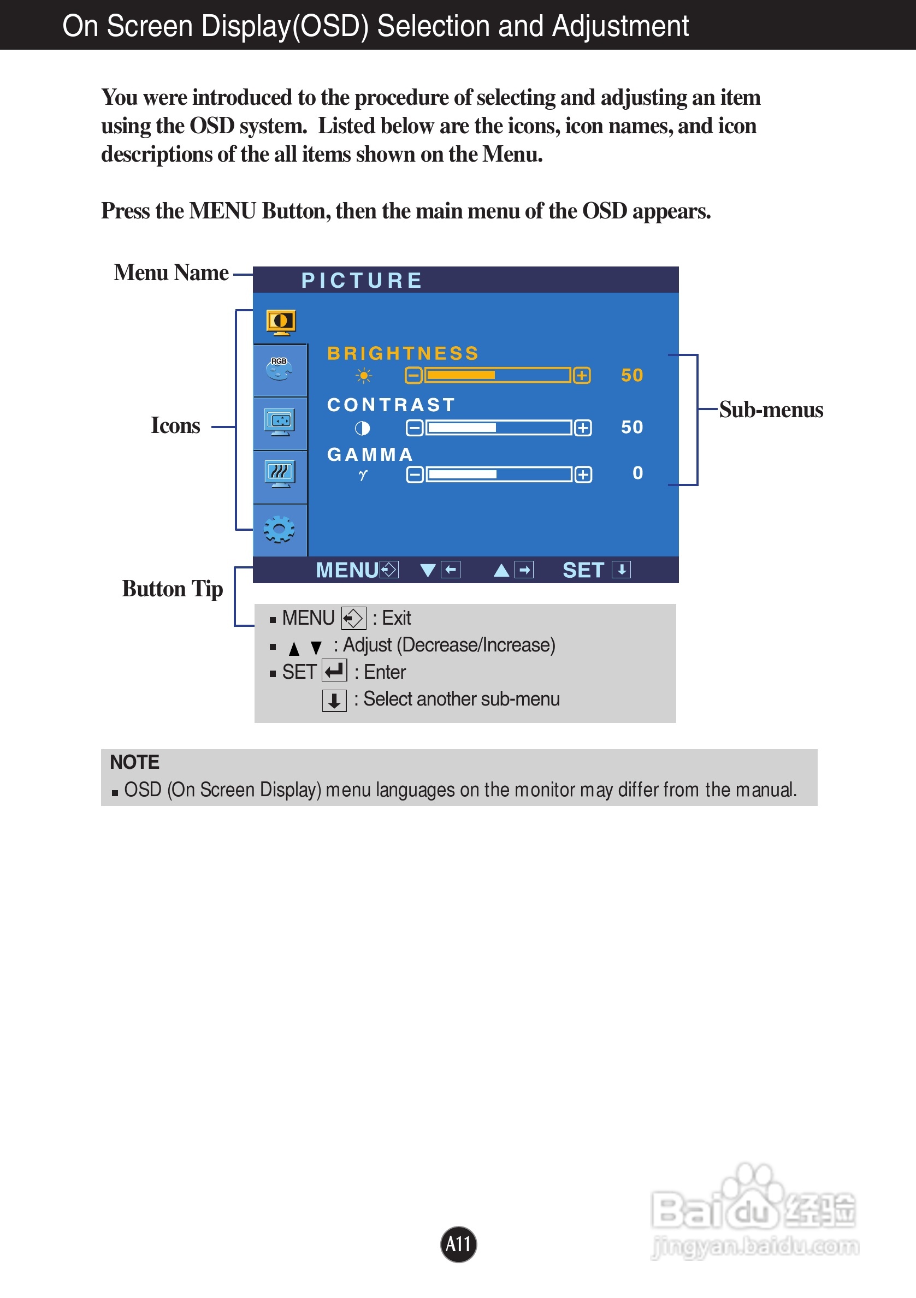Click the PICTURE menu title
tap(362, 280)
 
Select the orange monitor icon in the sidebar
tap(280, 322)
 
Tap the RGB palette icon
tap(279, 369)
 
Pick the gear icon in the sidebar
tap(279, 530)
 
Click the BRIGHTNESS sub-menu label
tap(403, 353)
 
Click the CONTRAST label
tap(391, 405)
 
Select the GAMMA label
tap(370, 454)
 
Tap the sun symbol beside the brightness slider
tap(364, 375)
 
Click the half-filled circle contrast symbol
tap(363, 428)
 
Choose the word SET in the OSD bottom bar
tap(583, 570)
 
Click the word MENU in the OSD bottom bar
tap(347, 570)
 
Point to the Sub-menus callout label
tap(771, 410)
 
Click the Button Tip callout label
tap(173, 589)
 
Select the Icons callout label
tap(175, 426)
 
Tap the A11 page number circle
tap(458, 1244)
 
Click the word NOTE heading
tap(134, 762)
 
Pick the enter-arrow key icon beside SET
tap(334, 671)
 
